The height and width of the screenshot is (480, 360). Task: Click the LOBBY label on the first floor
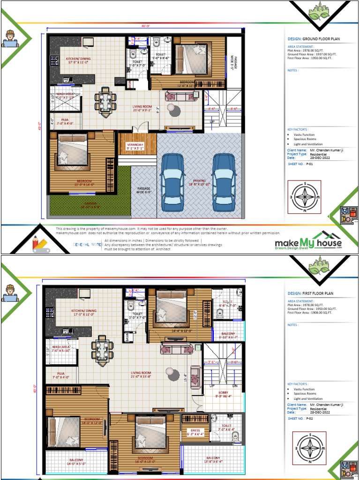[223, 393]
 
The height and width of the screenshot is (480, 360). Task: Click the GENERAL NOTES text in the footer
[87, 245]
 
